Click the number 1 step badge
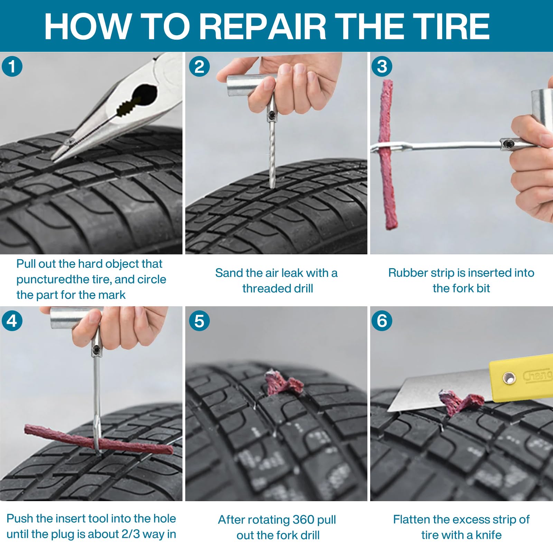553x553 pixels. coord(12,66)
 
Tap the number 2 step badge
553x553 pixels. coord(199,66)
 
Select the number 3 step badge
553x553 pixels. coord(382,66)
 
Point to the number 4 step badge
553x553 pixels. coord(12,321)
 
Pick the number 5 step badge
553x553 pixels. coord(199,321)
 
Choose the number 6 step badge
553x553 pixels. coord(382,321)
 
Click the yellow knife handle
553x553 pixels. coord(522,378)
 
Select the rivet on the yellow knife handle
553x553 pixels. coord(509,378)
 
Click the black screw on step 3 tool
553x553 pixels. coord(507,143)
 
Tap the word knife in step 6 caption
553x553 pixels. coord(488,535)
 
